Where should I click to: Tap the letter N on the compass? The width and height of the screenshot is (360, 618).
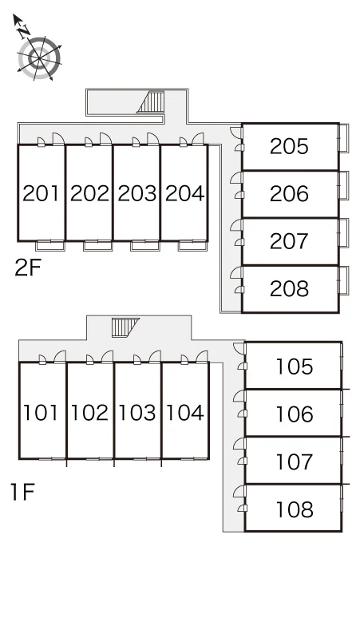(25, 31)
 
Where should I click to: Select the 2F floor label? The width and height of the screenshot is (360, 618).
(28, 267)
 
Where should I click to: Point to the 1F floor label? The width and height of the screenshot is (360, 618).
(23, 492)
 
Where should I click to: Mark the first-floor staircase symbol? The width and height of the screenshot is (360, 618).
(125, 327)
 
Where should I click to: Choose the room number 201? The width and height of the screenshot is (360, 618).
(41, 193)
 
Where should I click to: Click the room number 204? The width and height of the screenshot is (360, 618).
(184, 193)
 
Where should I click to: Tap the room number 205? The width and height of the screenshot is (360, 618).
(289, 146)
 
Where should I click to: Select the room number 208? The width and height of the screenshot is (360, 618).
(289, 289)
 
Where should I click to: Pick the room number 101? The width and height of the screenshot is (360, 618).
(41, 412)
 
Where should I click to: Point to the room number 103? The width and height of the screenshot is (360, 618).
(137, 412)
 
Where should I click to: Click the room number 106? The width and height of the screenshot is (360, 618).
(295, 414)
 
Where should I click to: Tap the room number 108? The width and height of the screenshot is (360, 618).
(295, 509)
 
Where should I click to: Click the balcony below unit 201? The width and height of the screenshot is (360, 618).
(50, 246)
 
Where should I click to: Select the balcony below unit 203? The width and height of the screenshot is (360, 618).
(145, 246)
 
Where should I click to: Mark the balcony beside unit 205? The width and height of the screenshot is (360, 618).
(343, 138)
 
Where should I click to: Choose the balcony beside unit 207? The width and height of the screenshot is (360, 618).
(343, 232)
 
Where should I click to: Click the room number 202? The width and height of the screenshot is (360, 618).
(89, 193)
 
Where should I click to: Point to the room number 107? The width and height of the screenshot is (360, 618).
(295, 462)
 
